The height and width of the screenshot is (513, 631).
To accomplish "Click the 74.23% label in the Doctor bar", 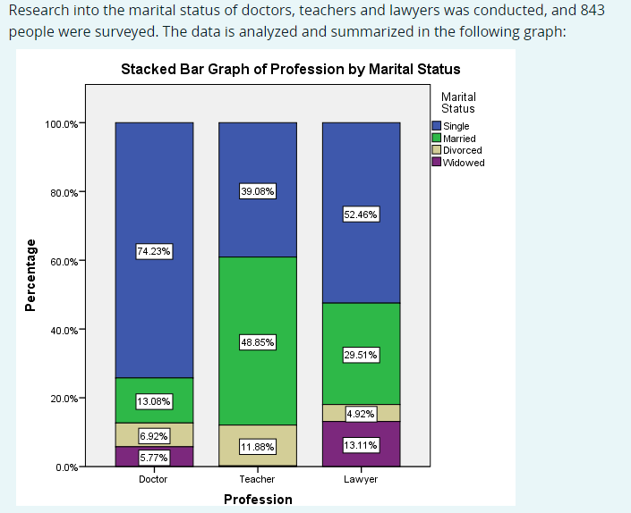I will [x=154, y=252].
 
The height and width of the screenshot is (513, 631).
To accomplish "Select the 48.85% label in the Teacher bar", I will [x=258, y=342].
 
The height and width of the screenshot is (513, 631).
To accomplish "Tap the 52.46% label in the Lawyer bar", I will [x=362, y=214].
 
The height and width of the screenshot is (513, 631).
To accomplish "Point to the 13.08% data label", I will [x=154, y=401].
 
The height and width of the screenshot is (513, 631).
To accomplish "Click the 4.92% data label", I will [x=362, y=414].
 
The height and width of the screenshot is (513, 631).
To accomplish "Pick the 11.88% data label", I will [x=258, y=447].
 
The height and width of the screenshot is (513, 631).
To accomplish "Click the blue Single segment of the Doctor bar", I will [x=154, y=179].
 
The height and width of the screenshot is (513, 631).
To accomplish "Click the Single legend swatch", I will [x=437, y=126].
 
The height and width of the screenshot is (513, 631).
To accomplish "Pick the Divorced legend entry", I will [x=462, y=150].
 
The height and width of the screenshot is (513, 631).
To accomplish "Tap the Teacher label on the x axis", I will [x=258, y=479].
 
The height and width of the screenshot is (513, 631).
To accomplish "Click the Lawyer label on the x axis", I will [x=362, y=479].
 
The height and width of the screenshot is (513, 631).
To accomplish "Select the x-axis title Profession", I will [x=258, y=499].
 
